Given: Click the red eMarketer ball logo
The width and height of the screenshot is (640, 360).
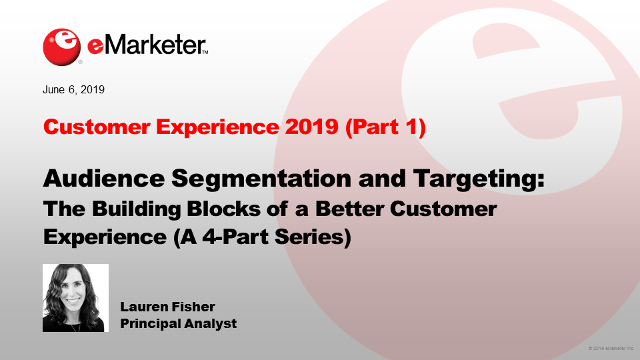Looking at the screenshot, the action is click(61, 47).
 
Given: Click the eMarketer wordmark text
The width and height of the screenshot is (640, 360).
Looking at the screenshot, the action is click(148, 45).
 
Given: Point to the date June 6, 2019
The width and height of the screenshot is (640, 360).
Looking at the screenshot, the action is click(73, 90).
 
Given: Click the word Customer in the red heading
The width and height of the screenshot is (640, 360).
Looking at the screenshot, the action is click(97, 127).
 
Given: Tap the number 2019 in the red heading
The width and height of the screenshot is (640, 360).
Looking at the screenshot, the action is click(312, 127).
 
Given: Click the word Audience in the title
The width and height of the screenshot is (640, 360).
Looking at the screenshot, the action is click(104, 179).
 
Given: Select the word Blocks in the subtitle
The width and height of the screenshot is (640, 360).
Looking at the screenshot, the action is click(224, 209).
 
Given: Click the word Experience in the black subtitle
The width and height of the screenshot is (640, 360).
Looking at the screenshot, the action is click(105, 237).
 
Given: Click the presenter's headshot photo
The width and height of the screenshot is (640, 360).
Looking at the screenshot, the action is click(75, 298).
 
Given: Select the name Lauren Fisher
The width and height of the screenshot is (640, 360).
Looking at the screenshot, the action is click(167, 307).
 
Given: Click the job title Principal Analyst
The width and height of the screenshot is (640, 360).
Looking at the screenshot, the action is click(179, 324).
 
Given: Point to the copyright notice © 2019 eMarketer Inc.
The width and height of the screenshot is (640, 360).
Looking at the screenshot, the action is click(611, 349).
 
